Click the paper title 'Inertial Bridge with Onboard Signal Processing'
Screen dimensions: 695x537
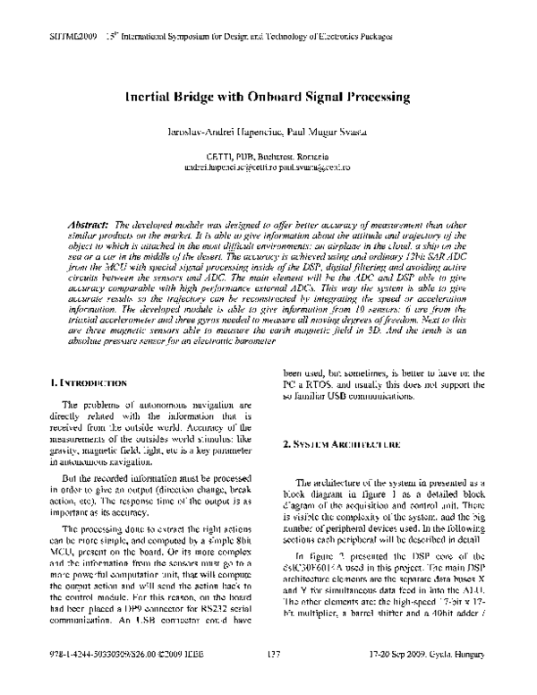tap(268, 95)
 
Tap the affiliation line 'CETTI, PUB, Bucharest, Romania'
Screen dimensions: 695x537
tap(268, 156)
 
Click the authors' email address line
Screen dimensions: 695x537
tap(268, 167)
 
